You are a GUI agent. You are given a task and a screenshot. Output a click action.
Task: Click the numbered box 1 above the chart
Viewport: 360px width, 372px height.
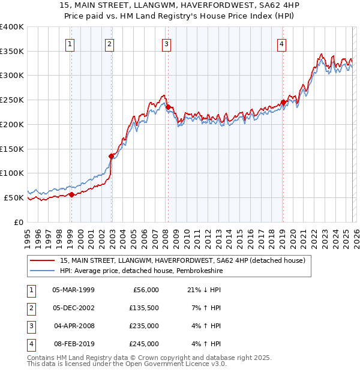[71, 43]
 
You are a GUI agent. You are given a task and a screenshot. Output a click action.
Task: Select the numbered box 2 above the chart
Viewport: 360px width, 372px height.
[110, 43]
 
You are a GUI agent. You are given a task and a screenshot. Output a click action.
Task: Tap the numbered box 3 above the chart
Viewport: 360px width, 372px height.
[166, 43]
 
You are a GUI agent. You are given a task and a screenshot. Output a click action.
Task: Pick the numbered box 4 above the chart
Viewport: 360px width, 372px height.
[281, 43]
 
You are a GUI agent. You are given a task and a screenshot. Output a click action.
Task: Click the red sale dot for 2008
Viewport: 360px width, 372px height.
[168, 107]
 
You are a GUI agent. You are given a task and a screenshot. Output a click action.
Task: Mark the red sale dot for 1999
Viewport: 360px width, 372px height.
[71, 194]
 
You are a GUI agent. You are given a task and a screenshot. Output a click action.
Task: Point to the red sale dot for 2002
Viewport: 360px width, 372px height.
[112, 156]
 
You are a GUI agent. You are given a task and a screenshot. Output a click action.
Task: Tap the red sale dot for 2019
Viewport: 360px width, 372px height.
[283, 102]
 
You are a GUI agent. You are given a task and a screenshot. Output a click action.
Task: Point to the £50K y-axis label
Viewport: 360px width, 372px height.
[14, 197]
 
